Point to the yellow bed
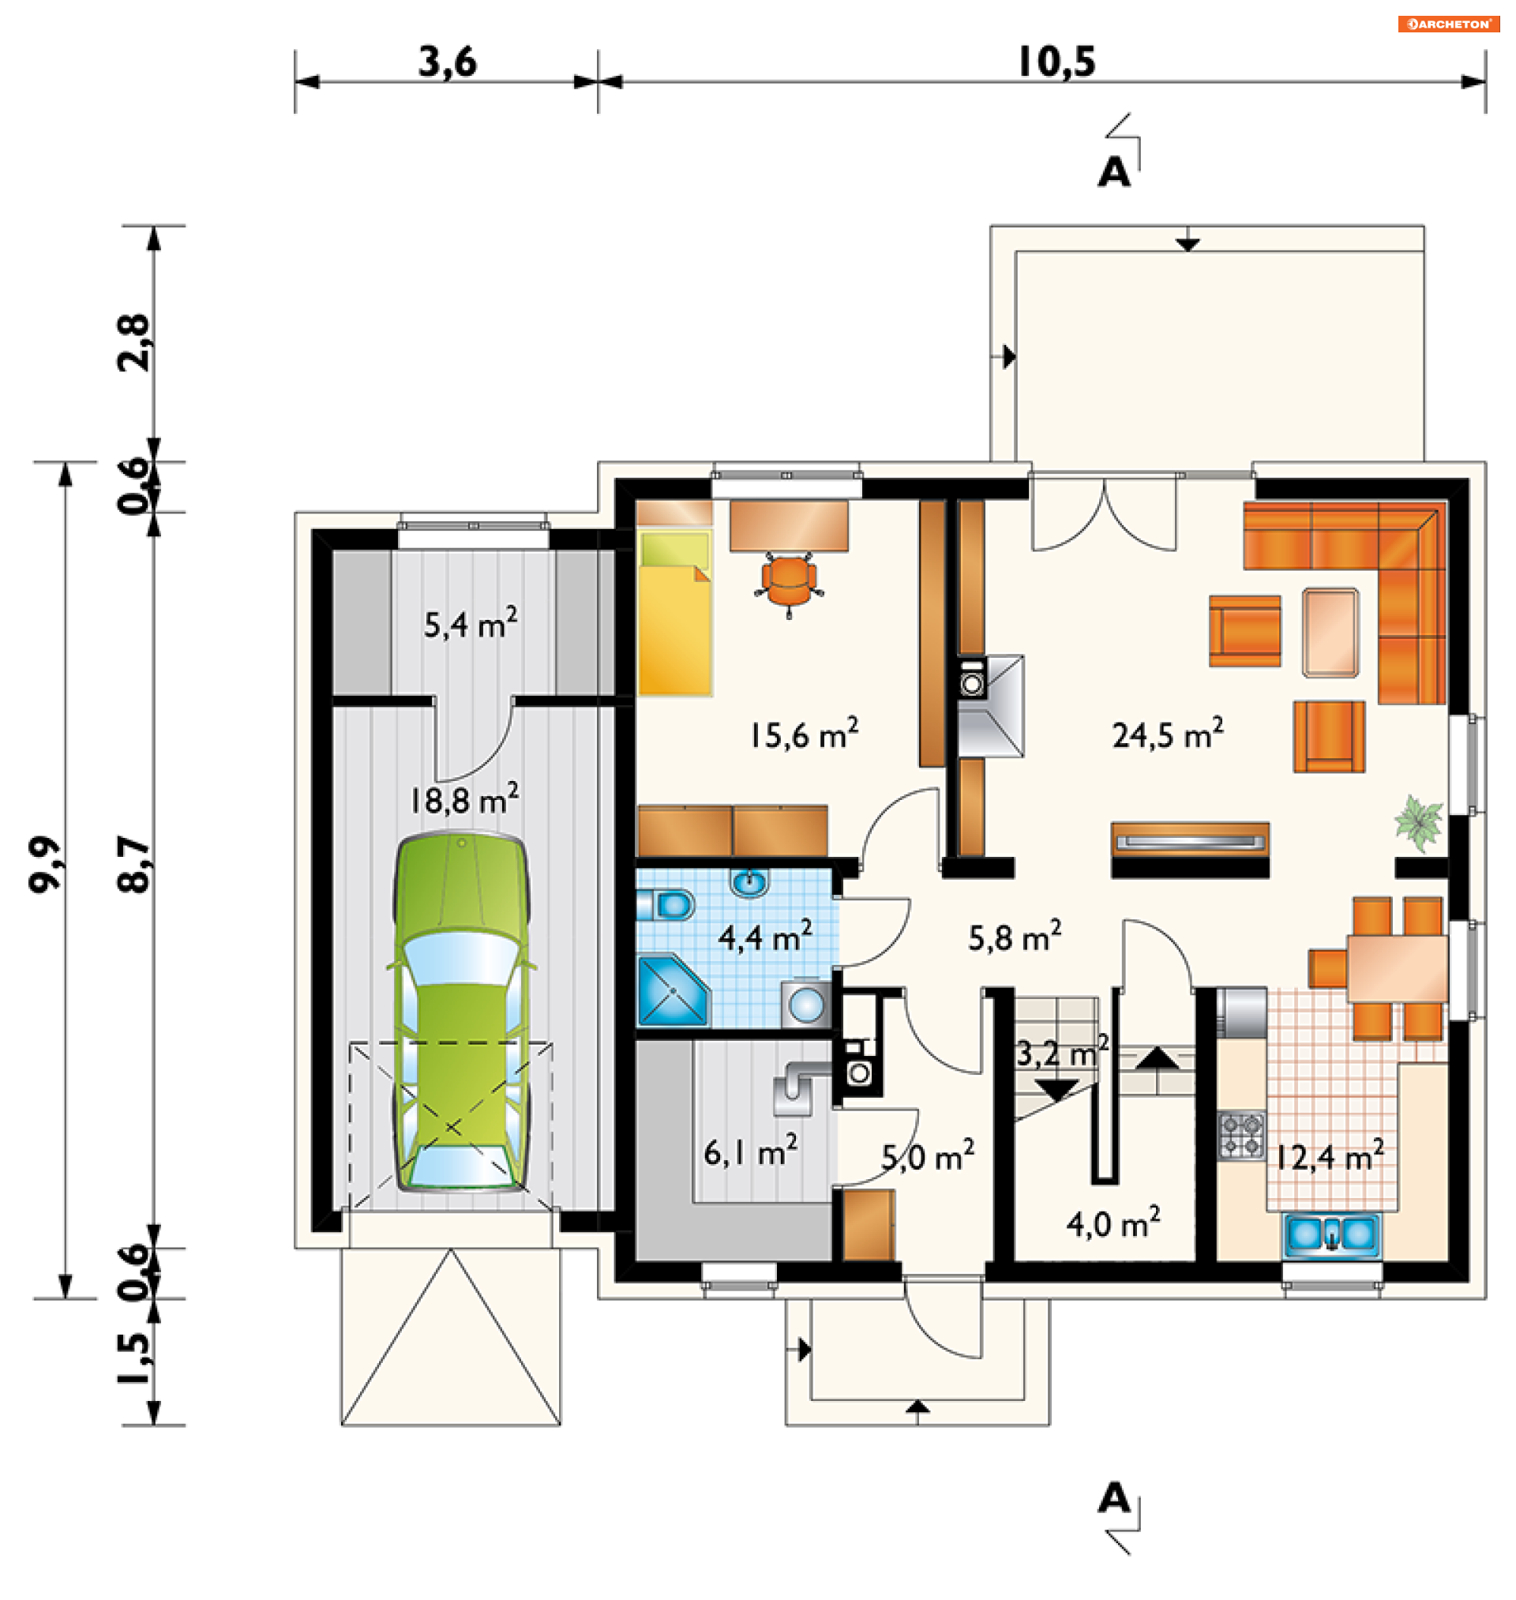click(x=675, y=612)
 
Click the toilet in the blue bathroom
click(x=666, y=905)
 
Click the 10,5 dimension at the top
click(x=1057, y=62)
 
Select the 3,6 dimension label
click(x=448, y=62)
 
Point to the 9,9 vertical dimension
click(x=45, y=865)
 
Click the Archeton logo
click(x=1449, y=24)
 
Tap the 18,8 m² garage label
click(x=463, y=800)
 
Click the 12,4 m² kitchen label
click(x=1330, y=1157)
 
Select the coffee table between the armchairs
click(x=1330, y=633)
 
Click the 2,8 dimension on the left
click(x=133, y=344)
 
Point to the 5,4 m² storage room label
click(x=471, y=624)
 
